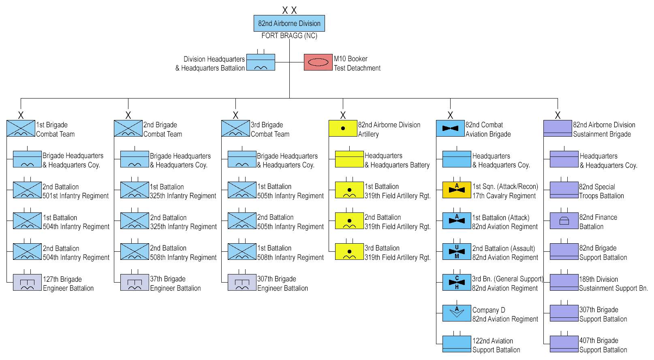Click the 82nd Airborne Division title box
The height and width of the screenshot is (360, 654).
pyautogui.click(x=289, y=24)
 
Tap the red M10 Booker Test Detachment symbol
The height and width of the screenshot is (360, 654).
pyautogui.click(x=318, y=62)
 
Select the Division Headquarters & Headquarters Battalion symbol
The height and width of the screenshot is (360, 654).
pyautogui.click(x=261, y=62)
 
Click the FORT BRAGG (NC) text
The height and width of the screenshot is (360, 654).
pyautogui.click(x=289, y=36)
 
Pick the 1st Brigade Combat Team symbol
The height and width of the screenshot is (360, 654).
pyautogui.click(x=21, y=128)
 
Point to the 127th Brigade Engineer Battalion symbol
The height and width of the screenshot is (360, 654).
pyautogui.click(x=27, y=283)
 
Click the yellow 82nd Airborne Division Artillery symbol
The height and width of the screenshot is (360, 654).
pyautogui.click(x=343, y=128)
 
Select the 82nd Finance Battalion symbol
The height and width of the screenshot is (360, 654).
pyautogui.click(x=564, y=221)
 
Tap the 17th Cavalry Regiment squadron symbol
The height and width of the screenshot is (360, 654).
pyautogui.click(x=457, y=190)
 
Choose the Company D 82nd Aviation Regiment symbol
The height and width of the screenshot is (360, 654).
pyautogui.click(x=457, y=313)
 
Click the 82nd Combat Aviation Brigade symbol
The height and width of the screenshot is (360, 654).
pyautogui.click(x=450, y=128)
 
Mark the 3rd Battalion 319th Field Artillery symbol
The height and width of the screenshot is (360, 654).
pyautogui.click(x=349, y=252)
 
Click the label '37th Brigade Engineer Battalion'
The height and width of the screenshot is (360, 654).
pyautogui.click(x=175, y=284)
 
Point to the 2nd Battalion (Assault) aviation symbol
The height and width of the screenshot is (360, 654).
pyautogui.click(x=457, y=252)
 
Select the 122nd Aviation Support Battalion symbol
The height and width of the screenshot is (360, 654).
pyautogui.click(x=457, y=344)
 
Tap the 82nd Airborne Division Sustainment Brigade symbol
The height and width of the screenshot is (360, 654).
pyautogui.click(x=558, y=128)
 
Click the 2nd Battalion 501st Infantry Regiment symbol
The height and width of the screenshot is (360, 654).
pyautogui.click(x=27, y=190)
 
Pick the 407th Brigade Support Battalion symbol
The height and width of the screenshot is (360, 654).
pyautogui.click(x=564, y=344)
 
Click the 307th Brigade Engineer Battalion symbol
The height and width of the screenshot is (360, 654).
pyautogui.click(x=242, y=283)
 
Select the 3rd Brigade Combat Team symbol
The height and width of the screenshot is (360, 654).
pyautogui.click(x=235, y=128)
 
